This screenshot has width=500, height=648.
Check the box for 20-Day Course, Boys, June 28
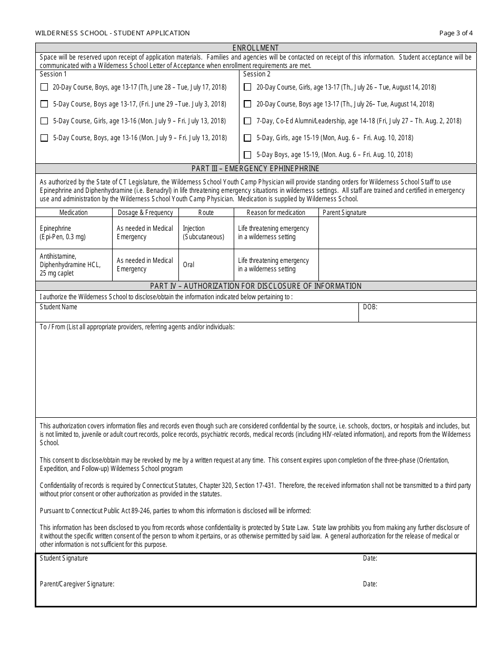coord(44,87)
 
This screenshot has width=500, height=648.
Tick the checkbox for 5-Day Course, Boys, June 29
coord(44,104)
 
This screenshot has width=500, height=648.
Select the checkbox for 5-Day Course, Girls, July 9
coord(44,121)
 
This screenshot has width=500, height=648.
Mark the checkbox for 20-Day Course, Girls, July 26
coord(247,87)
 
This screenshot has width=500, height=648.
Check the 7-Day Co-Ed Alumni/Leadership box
coord(247,121)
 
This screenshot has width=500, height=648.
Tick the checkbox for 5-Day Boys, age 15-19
coord(247,155)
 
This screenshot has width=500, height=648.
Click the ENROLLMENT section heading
coord(256,48)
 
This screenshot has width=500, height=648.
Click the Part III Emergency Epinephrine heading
coord(256,169)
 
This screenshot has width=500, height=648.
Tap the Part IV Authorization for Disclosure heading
coord(256,286)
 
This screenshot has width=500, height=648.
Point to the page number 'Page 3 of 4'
coord(456,33)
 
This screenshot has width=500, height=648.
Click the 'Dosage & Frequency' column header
coord(145,212)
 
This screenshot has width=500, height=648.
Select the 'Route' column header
coord(206,212)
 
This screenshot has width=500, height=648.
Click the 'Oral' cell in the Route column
coord(188,265)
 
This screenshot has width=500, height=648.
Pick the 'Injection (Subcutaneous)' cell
coord(203,233)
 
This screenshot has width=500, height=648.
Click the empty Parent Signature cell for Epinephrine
coord(397,233)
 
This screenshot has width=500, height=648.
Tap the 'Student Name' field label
coord(58,307)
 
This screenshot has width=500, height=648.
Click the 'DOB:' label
coord(370,307)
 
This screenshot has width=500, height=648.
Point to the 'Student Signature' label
coord(64,558)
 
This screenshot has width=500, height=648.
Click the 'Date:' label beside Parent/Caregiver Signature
coord(370,584)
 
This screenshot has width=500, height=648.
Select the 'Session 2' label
coord(257,74)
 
